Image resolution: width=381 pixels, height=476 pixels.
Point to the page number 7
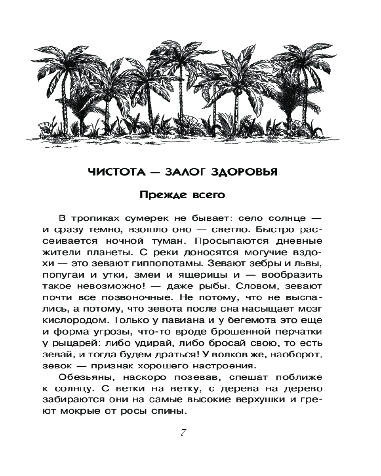click(x=183, y=432)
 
